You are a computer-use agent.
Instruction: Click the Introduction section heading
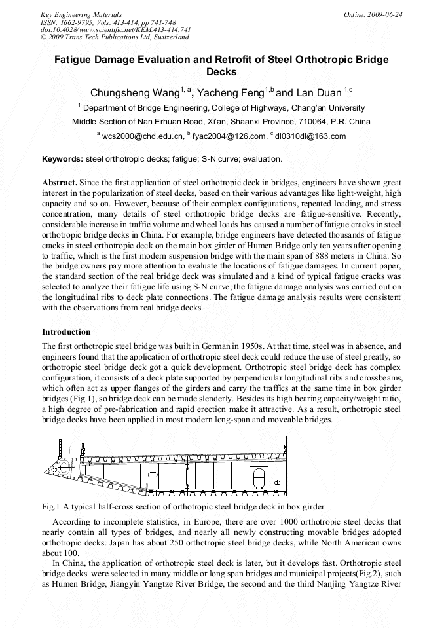click(67, 332)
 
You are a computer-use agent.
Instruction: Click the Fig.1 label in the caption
click(51, 506)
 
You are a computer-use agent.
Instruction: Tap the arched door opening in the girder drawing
click(259, 475)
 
